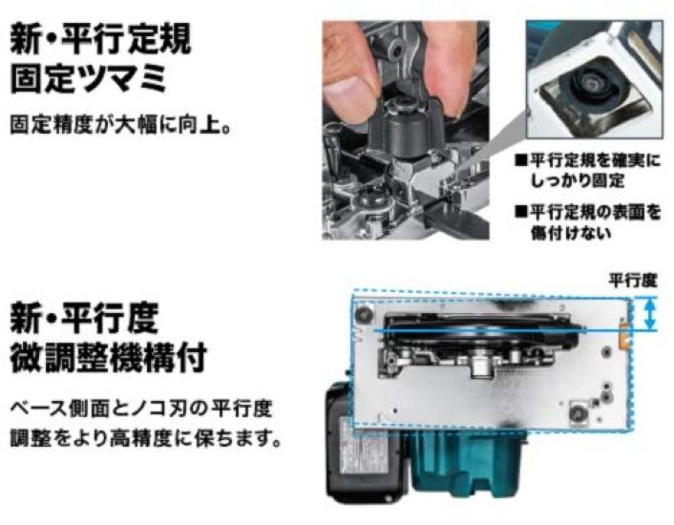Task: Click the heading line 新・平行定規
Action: coord(101,40)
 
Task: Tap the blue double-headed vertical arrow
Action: coord(650,314)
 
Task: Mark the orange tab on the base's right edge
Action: coord(626,336)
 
